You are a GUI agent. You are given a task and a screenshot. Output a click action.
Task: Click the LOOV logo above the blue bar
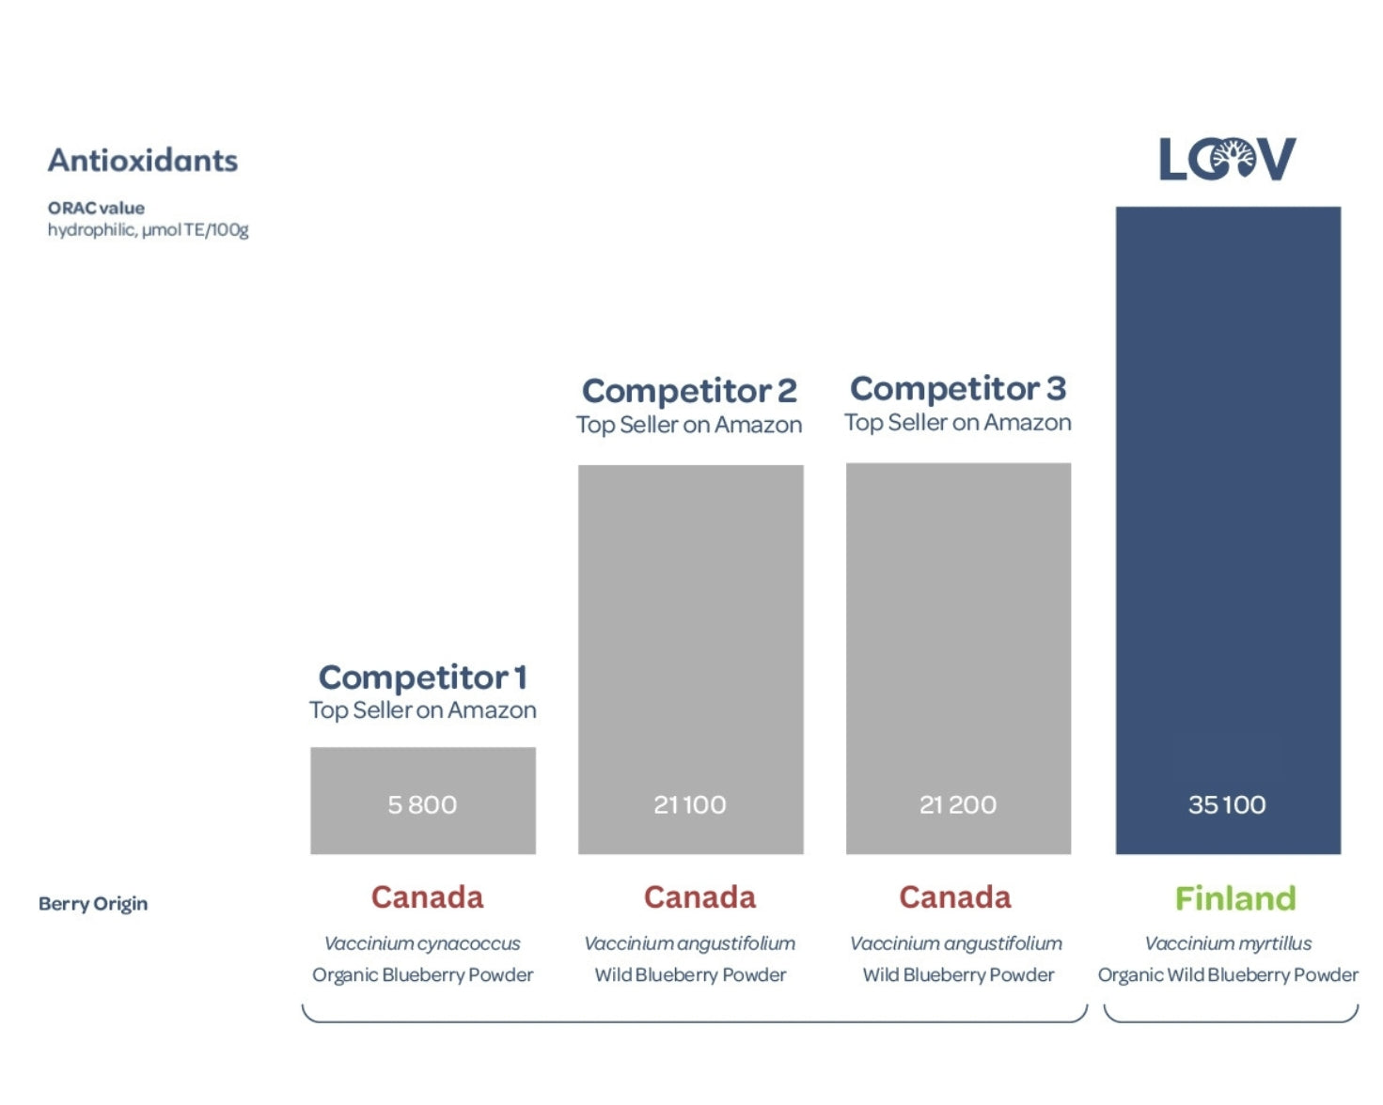(x=1227, y=159)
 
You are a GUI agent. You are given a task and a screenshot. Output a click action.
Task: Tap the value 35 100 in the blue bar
(x=1227, y=804)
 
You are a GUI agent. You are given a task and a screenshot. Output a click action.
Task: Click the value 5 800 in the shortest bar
(x=422, y=804)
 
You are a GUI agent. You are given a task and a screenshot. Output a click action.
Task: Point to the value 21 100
(x=690, y=804)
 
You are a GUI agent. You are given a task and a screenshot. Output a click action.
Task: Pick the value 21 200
(x=958, y=804)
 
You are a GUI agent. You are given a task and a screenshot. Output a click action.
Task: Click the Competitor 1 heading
(x=423, y=677)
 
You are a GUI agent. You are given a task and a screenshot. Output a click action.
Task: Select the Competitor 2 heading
(x=689, y=390)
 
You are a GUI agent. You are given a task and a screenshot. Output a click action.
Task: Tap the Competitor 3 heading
(x=958, y=388)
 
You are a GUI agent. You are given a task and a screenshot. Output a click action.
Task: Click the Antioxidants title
(x=143, y=161)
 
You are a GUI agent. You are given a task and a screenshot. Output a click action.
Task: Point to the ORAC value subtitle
(x=96, y=208)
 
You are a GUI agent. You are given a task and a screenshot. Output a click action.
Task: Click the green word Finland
(x=1235, y=898)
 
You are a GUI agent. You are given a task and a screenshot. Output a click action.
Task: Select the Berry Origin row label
(x=93, y=904)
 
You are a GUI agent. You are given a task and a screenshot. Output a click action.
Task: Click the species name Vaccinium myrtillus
(x=1228, y=943)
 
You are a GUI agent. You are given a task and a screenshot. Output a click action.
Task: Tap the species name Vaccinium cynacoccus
(x=422, y=943)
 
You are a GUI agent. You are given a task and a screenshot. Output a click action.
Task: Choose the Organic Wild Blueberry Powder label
(x=1228, y=975)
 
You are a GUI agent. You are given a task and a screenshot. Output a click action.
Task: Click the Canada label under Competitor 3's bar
(x=955, y=897)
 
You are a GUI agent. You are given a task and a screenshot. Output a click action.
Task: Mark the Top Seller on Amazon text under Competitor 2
(x=689, y=425)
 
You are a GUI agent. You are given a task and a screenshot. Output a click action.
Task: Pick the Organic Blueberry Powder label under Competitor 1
(x=422, y=975)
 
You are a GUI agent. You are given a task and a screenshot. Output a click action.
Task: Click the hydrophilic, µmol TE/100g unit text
(x=149, y=230)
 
